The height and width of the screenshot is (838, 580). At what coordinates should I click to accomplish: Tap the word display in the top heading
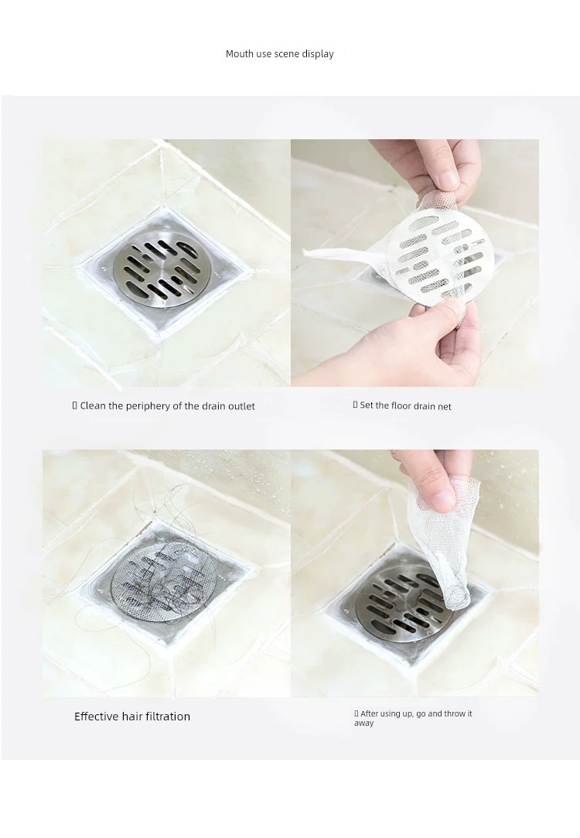click(318, 54)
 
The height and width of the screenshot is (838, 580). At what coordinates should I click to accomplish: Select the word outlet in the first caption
click(241, 406)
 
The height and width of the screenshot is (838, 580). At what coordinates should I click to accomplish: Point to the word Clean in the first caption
click(93, 405)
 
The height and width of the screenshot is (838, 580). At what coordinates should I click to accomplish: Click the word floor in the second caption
click(401, 405)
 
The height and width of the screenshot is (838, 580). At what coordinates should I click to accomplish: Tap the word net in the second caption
click(445, 407)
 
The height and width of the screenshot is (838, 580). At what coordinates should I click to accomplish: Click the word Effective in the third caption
click(97, 717)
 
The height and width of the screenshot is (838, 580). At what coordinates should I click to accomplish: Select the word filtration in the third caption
click(166, 717)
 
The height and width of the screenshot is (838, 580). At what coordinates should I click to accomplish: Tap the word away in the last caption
click(363, 723)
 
